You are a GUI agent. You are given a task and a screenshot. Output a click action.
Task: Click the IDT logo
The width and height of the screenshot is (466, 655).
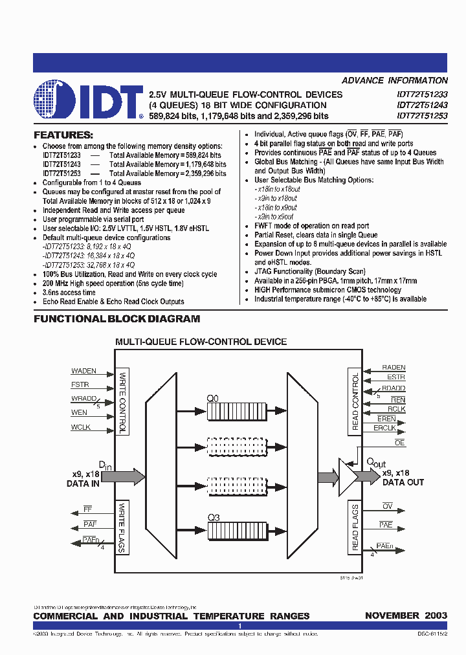[88, 100]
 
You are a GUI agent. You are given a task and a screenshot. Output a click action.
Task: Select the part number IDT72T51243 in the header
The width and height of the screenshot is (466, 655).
[421, 105]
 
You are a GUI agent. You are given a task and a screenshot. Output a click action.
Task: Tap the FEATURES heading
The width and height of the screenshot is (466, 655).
[63, 135]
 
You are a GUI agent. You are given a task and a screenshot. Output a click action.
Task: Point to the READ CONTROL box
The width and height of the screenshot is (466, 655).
[355, 401]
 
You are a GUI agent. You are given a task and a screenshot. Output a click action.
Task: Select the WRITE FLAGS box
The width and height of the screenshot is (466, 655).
[122, 527]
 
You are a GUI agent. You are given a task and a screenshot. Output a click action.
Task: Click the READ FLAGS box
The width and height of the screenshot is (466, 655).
[355, 527]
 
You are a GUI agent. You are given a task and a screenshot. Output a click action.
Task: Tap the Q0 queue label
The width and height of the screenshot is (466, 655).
[213, 399]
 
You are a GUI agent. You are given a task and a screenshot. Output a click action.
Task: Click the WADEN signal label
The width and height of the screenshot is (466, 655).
[83, 372]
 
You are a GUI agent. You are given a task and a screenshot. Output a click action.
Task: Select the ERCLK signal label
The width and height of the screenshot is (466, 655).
[384, 428]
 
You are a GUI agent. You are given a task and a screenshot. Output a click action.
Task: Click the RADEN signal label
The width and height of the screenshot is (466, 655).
[394, 368]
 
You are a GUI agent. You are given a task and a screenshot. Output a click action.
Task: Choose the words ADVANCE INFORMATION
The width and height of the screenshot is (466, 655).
[394, 81]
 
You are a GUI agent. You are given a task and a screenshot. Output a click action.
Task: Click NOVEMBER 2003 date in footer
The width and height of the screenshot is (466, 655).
[406, 616]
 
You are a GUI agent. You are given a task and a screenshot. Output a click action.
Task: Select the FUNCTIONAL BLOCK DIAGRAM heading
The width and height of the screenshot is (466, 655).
[116, 318]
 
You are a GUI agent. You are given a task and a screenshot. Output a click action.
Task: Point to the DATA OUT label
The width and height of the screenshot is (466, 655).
[403, 482]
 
